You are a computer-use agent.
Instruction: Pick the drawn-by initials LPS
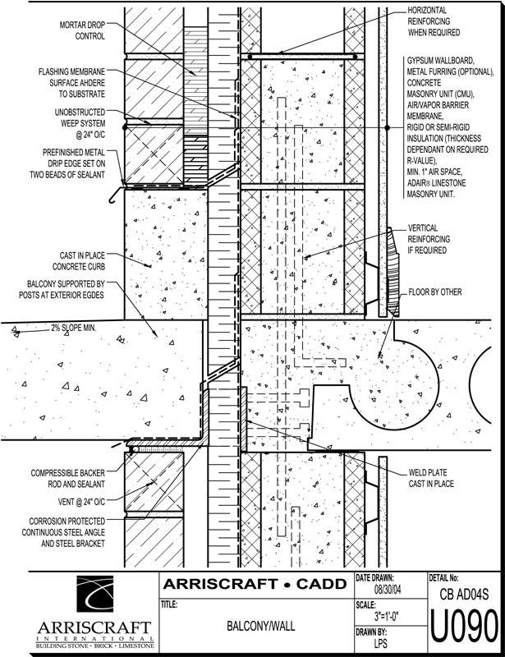click(x=381, y=645)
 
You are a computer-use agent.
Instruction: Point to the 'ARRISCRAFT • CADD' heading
click(x=254, y=586)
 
